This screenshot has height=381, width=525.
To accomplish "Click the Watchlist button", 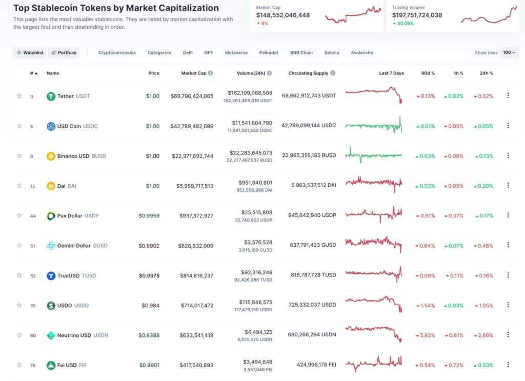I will click(x=30, y=52).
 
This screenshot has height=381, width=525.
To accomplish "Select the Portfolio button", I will click(x=64, y=52).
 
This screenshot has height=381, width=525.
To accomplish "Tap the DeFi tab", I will click(x=188, y=52).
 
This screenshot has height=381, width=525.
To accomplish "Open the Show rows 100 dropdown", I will click(x=510, y=52).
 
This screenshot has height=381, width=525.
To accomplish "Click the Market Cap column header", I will click(x=194, y=73).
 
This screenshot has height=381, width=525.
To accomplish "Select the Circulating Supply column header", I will click(x=308, y=73).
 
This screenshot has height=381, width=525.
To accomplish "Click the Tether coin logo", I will click(x=51, y=96).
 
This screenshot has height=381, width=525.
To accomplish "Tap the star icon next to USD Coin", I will click(x=19, y=126).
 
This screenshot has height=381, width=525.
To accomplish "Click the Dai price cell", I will click(x=152, y=186).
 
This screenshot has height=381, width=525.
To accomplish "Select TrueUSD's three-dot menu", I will click(x=508, y=275).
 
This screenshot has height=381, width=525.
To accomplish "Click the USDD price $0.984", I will click(x=150, y=306).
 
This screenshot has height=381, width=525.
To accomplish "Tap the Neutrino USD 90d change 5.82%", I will click(x=426, y=335).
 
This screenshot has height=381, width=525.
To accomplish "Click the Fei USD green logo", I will click(x=51, y=365).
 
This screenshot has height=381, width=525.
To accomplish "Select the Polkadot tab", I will click(x=269, y=52).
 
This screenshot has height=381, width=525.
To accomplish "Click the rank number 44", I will click(x=33, y=216).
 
